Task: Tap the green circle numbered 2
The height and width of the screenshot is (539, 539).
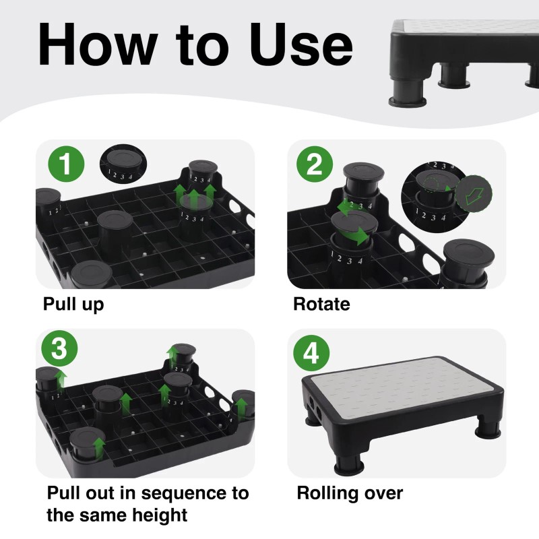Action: coord(315,165)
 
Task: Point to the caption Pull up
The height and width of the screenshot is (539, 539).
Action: coord(73,305)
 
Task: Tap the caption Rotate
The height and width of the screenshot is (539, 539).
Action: coord(321,305)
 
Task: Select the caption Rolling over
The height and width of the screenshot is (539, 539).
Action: coord(350,493)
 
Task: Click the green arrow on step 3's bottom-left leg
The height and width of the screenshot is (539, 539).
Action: coord(99,445)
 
